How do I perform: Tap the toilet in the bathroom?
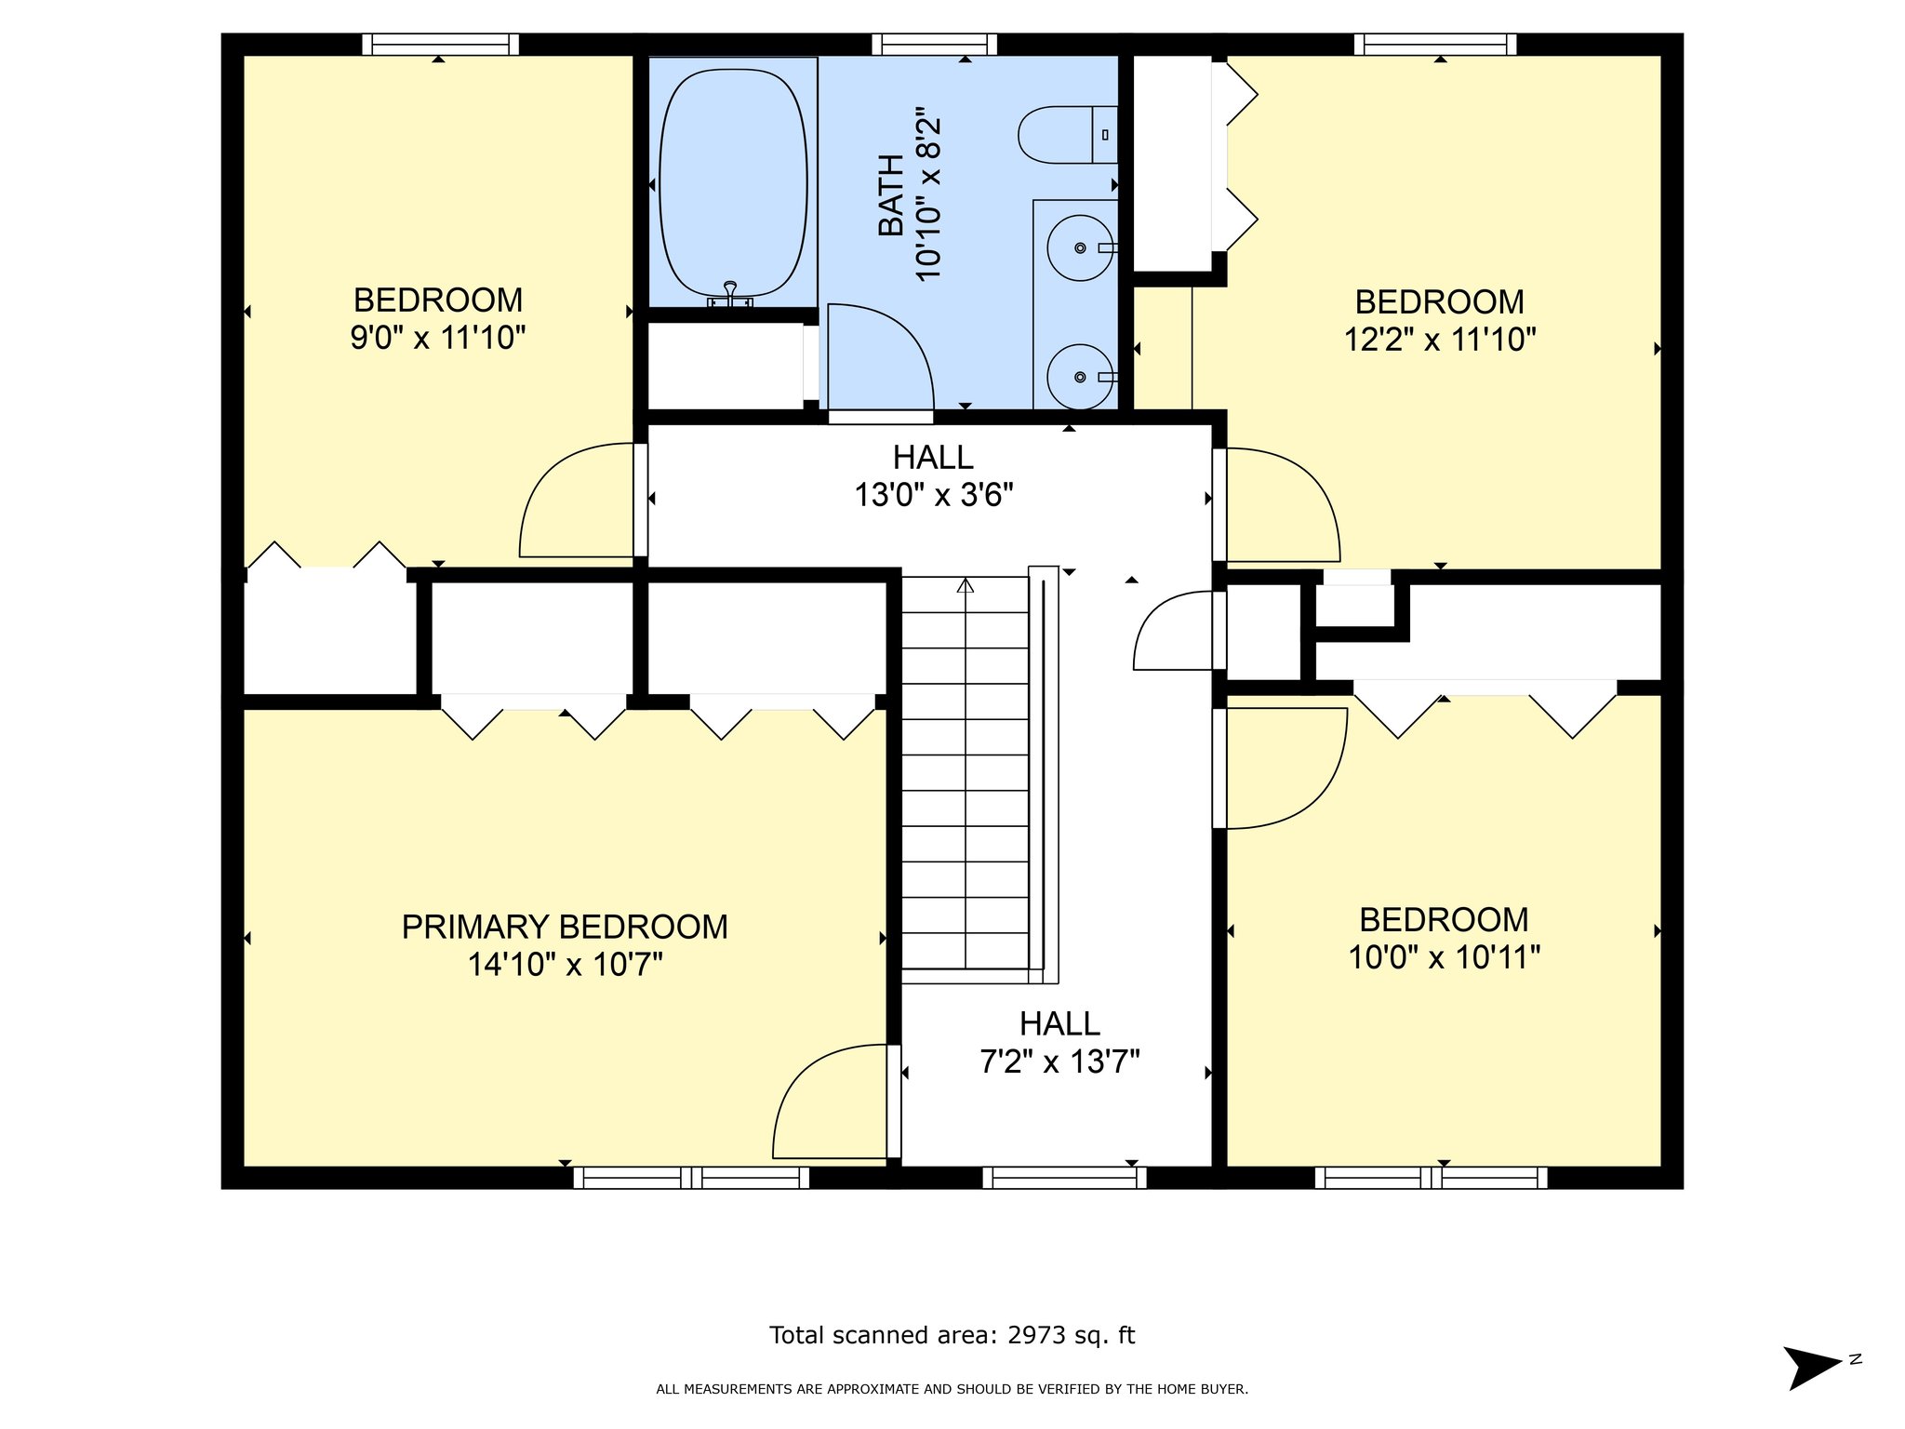1068,135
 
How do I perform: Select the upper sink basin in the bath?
1080,247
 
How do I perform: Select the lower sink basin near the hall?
1080,377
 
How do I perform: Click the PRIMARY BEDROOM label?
565,927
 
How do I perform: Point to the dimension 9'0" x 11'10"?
438,337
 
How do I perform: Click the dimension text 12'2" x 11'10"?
1440,339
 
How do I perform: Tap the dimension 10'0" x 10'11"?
1445,956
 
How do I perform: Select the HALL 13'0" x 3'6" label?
934,475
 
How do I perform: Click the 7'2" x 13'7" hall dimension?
1059,1061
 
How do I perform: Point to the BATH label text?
891,195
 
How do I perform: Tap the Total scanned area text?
952,1335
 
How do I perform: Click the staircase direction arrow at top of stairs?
966,585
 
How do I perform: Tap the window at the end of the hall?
1064,1178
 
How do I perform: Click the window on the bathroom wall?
934,44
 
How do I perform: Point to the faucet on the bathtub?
730,295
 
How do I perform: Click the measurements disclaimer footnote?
952,1389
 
